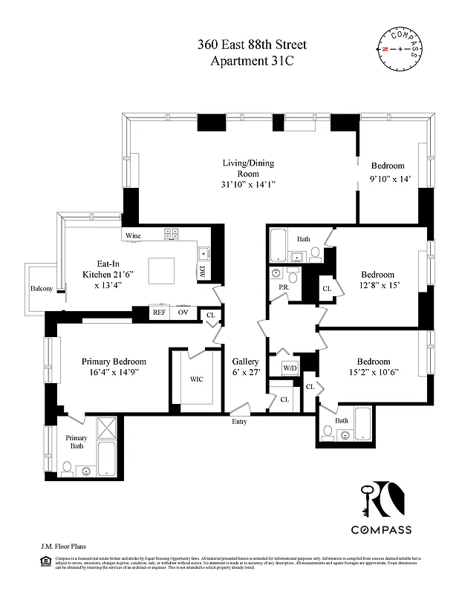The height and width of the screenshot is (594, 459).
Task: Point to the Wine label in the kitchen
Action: pos(133,235)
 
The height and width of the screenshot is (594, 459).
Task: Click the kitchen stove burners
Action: pos(171,234)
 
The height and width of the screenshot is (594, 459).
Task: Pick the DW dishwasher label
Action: pos(202,272)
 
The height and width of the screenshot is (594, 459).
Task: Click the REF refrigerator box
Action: pos(159,313)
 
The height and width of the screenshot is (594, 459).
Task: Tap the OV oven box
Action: pos(183,313)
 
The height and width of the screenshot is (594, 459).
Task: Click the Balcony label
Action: pos(41,289)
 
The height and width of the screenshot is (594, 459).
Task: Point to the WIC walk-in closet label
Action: pos(196,379)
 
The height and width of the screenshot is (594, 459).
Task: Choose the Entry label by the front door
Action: pos(240,421)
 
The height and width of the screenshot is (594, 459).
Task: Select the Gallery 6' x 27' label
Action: pos(245,367)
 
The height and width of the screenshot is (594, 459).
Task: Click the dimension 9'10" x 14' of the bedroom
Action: pos(390,179)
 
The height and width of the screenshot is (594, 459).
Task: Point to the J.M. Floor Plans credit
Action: pos(62,545)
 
